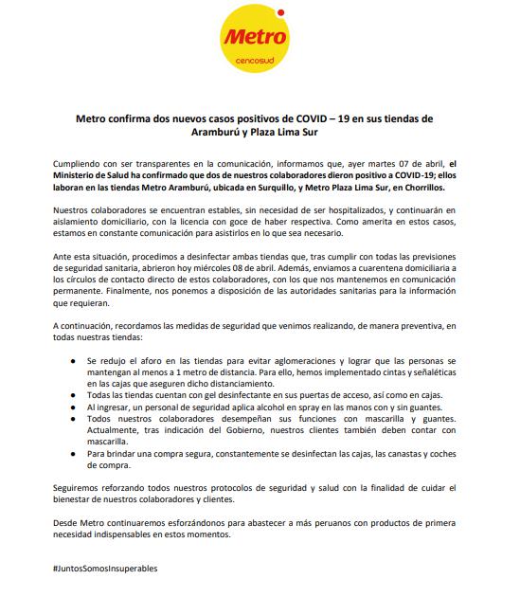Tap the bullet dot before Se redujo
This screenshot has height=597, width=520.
pos(74,362)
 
